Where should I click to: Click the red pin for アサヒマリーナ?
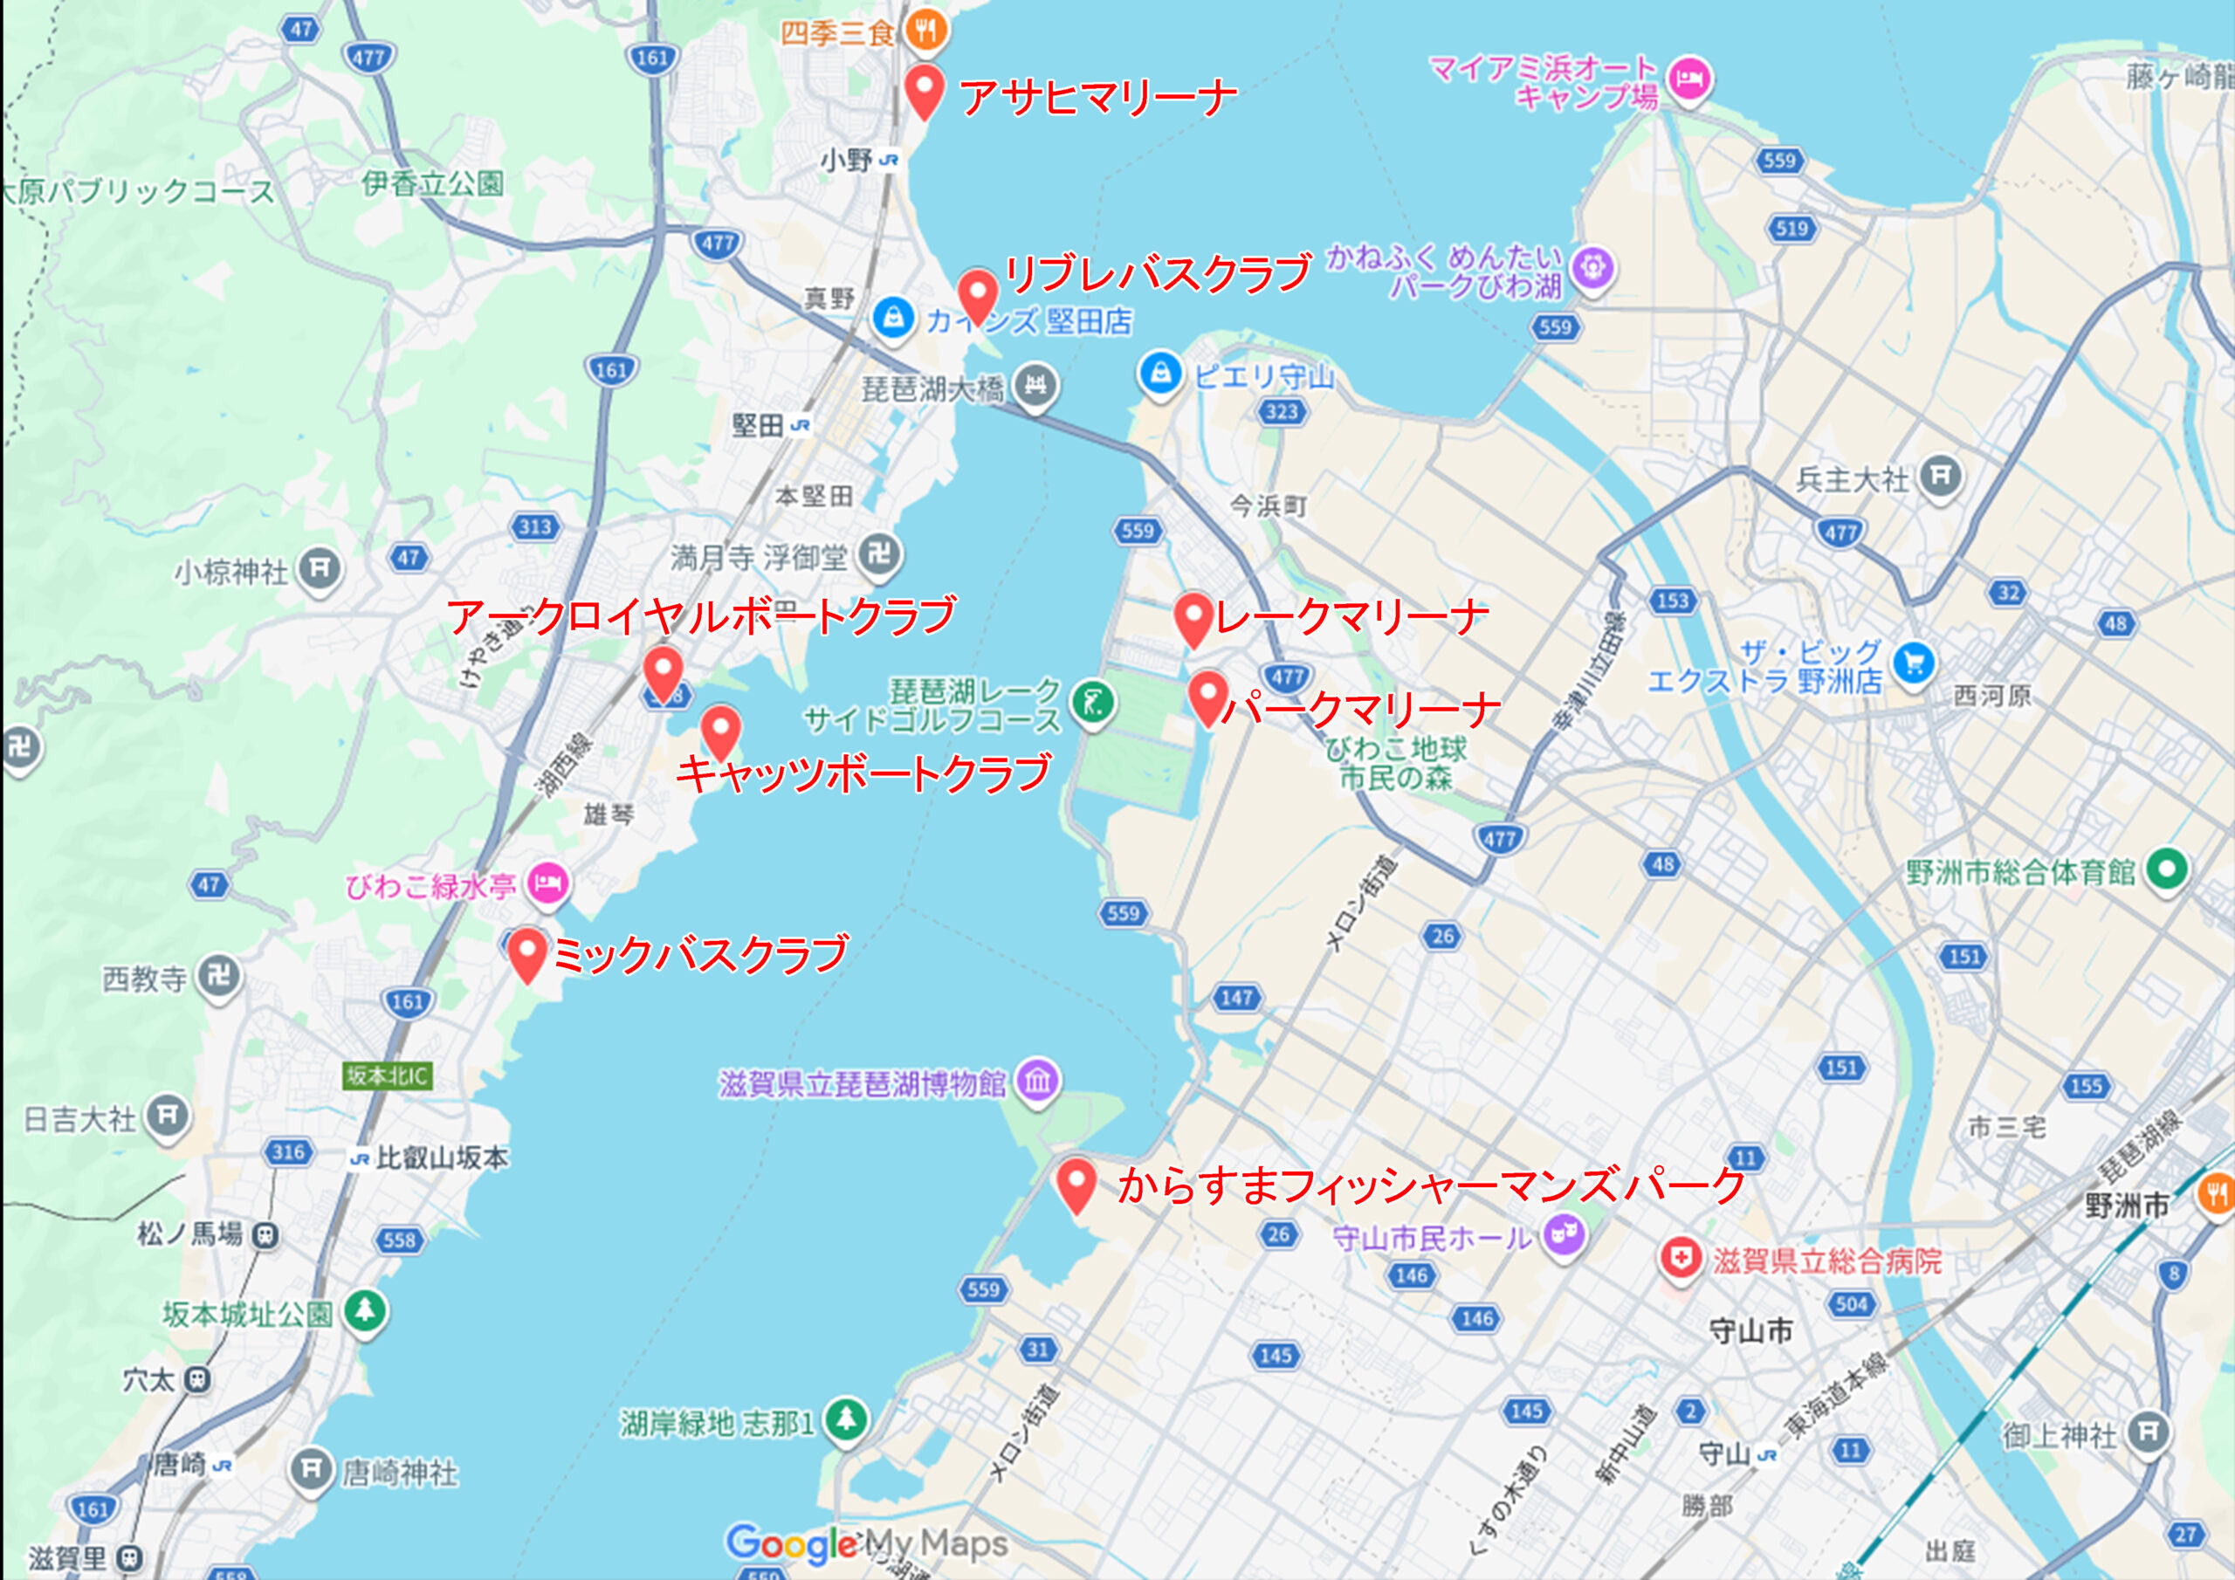click(x=924, y=90)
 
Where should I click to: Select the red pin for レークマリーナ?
click(x=1193, y=617)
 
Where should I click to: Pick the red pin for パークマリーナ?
click(x=1207, y=696)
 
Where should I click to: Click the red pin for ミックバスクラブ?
click(x=526, y=952)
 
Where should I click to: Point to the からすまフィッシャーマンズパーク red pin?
click(x=1076, y=1182)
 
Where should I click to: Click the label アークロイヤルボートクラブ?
click(x=701, y=615)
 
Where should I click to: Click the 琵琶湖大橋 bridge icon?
click(x=1035, y=386)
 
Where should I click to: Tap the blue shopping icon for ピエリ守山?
click(x=1159, y=374)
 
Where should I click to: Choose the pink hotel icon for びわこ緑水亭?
click(x=548, y=884)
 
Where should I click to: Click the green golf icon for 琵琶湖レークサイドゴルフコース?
click(x=1092, y=703)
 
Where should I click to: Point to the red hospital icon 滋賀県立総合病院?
click(x=1680, y=1259)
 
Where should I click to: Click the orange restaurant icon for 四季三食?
click(x=925, y=31)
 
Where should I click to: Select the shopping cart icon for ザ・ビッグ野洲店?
click(x=1914, y=664)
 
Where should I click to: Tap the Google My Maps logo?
click(x=866, y=1543)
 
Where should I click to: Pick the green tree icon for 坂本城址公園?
click(x=365, y=1310)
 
